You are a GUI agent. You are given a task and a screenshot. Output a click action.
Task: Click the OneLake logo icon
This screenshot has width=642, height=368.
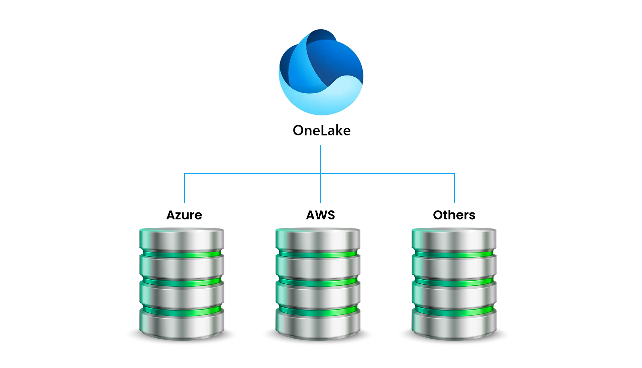pyautogui.click(x=321, y=72)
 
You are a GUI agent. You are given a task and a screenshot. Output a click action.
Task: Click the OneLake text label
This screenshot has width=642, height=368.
pyautogui.click(x=322, y=130)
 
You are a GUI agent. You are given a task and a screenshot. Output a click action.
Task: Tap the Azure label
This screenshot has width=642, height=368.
pyautogui.click(x=184, y=215)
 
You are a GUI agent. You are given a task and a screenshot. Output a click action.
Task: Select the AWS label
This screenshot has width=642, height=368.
pyautogui.click(x=320, y=215)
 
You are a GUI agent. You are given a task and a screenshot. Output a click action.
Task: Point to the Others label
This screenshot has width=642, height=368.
pyautogui.click(x=454, y=215)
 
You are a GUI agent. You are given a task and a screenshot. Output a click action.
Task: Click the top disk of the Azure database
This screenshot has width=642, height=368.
pyautogui.click(x=182, y=239)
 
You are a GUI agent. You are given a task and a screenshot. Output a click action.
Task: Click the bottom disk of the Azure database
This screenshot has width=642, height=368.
pyautogui.click(x=182, y=324)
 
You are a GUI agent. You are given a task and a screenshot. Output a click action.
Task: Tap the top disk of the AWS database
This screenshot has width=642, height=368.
pyautogui.click(x=318, y=239)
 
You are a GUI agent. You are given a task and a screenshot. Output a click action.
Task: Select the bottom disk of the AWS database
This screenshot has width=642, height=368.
pyautogui.click(x=318, y=324)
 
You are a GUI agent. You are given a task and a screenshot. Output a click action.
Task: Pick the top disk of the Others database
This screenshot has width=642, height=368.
pyautogui.click(x=454, y=239)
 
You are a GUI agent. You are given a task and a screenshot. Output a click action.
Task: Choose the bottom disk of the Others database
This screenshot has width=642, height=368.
pyautogui.click(x=454, y=324)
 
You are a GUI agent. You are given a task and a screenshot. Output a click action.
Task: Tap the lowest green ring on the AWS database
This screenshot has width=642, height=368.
pyautogui.click(x=318, y=311)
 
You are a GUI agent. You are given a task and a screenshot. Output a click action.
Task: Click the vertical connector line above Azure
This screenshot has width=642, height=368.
pyautogui.click(x=185, y=188)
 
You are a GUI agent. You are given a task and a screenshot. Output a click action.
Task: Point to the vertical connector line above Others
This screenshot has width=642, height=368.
pyautogui.click(x=454, y=188)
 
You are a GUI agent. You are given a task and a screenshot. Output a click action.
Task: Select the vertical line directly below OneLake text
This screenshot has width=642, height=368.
pyautogui.click(x=320, y=159)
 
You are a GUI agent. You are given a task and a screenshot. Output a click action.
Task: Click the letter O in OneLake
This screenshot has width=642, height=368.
pyautogui.click(x=299, y=130)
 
